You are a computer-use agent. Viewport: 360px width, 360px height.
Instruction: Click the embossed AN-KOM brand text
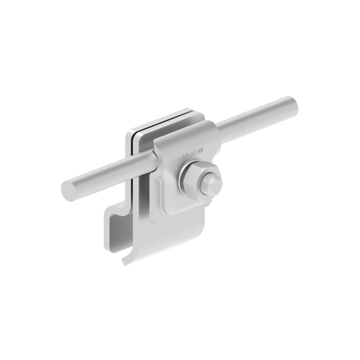pyautogui.click(x=192, y=154)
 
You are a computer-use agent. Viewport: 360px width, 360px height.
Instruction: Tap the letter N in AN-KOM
pyautogui.click(x=187, y=156)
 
